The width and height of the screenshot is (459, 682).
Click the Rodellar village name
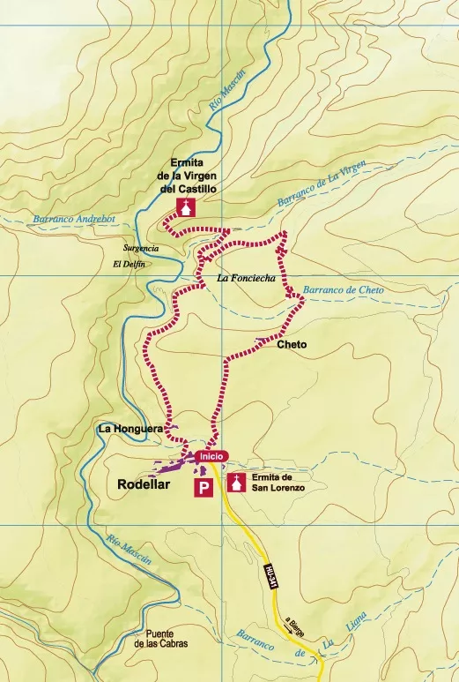point(149,484)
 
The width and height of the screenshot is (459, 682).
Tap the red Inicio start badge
point(212,455)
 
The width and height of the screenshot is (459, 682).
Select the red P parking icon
point(204,486)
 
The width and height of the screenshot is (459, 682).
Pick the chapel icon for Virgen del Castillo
point(186,207)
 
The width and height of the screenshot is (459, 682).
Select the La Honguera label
point(130,429)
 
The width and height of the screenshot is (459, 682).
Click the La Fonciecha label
point(246,279)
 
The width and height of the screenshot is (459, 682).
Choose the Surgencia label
point(141,249)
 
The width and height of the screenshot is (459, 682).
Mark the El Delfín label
point(129,265)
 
